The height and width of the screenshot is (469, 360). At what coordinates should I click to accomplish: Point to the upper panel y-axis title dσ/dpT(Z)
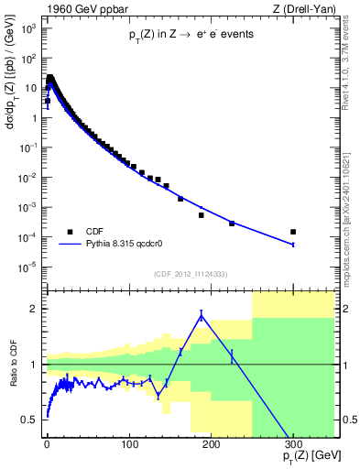(11, 105)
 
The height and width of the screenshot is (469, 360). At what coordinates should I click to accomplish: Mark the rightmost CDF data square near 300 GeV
(293, 232)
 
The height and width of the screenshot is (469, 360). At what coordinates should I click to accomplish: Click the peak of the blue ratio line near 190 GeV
(201, 315)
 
